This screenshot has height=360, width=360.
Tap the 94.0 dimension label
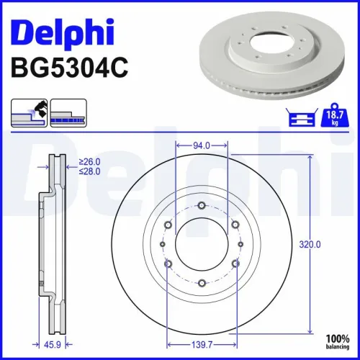pos(202,145)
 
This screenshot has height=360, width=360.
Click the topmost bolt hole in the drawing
pos(202,207)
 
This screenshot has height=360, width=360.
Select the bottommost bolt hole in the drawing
pos(202,282)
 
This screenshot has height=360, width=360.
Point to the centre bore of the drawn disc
pos(202,245)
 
